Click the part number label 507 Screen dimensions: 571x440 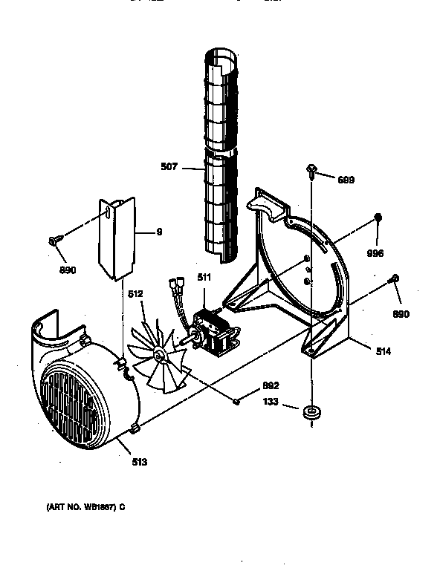point(169,167)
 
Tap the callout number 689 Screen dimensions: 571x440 point(346,180)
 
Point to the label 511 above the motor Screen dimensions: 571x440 point(202,277)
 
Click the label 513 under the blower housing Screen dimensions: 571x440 point(140,462)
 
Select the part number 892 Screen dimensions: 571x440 point(271,385)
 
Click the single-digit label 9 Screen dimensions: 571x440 point(159,232)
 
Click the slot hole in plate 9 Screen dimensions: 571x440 point(109,214)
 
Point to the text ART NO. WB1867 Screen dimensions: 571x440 point(82,506)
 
